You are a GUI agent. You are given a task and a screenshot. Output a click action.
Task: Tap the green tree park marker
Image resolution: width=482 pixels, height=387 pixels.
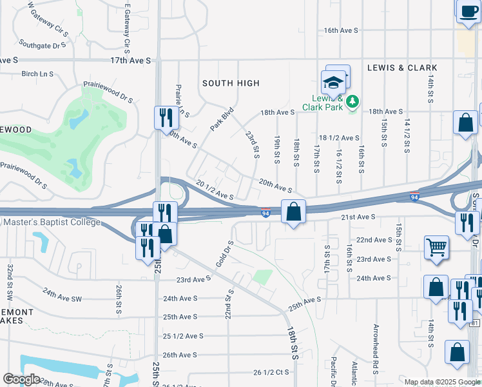[352, 101]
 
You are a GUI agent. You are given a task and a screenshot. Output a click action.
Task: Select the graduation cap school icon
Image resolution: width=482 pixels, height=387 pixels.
[333, 83]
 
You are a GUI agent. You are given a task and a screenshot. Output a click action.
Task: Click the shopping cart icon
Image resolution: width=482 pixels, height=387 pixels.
[436, 246]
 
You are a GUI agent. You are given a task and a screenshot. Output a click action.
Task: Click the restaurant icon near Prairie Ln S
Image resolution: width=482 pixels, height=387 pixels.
[166, 117]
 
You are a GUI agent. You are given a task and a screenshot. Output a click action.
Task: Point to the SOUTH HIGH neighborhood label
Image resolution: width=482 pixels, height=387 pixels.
[231, 83]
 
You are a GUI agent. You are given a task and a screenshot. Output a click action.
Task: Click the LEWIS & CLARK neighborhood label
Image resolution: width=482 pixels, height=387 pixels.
[402, 68]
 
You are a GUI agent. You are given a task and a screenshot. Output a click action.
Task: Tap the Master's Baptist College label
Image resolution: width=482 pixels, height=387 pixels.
[52, 223]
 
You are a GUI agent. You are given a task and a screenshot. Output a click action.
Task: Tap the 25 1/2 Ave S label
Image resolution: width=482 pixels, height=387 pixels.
[183, 336]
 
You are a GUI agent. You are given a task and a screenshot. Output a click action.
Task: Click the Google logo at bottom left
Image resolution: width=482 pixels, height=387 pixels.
[21, 379]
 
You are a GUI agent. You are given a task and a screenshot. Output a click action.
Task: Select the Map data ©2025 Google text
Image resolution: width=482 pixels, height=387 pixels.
[441, 382]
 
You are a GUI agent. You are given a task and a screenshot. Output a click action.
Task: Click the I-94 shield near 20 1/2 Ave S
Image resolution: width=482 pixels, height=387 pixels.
[265, 212]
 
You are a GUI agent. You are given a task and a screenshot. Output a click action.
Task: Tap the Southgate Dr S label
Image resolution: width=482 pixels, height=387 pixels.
[43, 45]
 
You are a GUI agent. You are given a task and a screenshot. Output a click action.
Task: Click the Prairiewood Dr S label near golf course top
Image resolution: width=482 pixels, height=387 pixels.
[108, 93]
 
